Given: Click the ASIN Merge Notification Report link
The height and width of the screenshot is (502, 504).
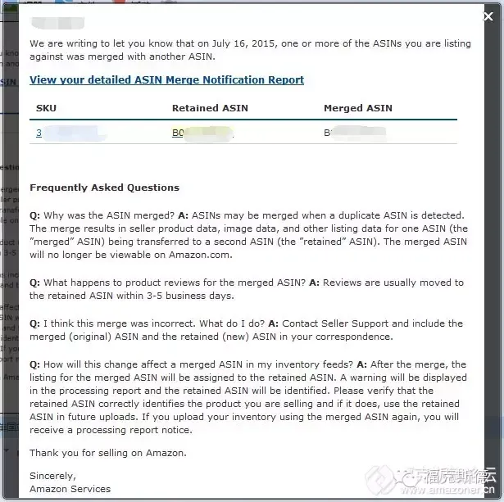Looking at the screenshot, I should pos(166,80).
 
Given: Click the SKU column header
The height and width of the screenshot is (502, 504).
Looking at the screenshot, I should pos(46,108).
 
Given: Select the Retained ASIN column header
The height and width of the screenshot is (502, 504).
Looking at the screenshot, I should pos(210,108).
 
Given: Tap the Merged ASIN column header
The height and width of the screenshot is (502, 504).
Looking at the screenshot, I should pos(357,108).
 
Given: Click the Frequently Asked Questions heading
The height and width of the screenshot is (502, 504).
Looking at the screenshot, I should pos(104,188).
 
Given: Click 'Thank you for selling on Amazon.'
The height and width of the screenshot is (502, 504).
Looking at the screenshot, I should pos(107,453).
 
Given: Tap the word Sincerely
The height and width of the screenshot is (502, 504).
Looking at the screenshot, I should pos(52,476).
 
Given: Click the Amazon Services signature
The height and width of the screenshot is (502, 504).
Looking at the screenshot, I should pos(70,489).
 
